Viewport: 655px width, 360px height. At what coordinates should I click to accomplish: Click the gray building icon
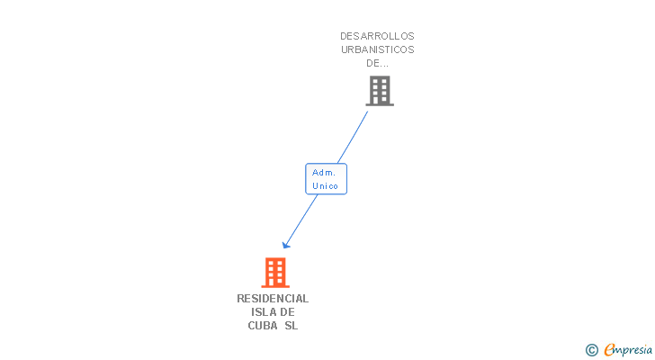point(379,90)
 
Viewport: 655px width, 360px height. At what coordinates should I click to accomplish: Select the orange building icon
point(274,272)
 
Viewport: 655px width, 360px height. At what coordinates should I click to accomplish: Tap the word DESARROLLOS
point(377,36)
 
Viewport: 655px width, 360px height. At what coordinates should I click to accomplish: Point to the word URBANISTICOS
point(377,49)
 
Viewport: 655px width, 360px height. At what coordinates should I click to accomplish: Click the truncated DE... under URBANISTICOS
point(377,63)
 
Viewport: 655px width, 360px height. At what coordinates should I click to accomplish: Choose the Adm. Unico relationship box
point(326,178)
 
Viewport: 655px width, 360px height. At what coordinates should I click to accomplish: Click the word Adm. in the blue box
point(324,172)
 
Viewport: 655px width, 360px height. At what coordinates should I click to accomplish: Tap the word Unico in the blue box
point(326,185)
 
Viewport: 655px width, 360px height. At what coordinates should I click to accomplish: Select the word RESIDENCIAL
point(273,298)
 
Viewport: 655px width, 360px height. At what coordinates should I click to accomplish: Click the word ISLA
point(264,311)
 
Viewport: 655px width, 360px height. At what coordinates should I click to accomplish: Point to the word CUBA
point(263,325)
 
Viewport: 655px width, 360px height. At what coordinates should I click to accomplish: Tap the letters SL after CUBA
point(291,325)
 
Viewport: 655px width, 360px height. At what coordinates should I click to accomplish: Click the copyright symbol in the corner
point(591,350)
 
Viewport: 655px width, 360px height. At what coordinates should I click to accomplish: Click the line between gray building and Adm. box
point(352,137)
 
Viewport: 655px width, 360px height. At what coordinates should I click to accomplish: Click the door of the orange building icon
point(275,282)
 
